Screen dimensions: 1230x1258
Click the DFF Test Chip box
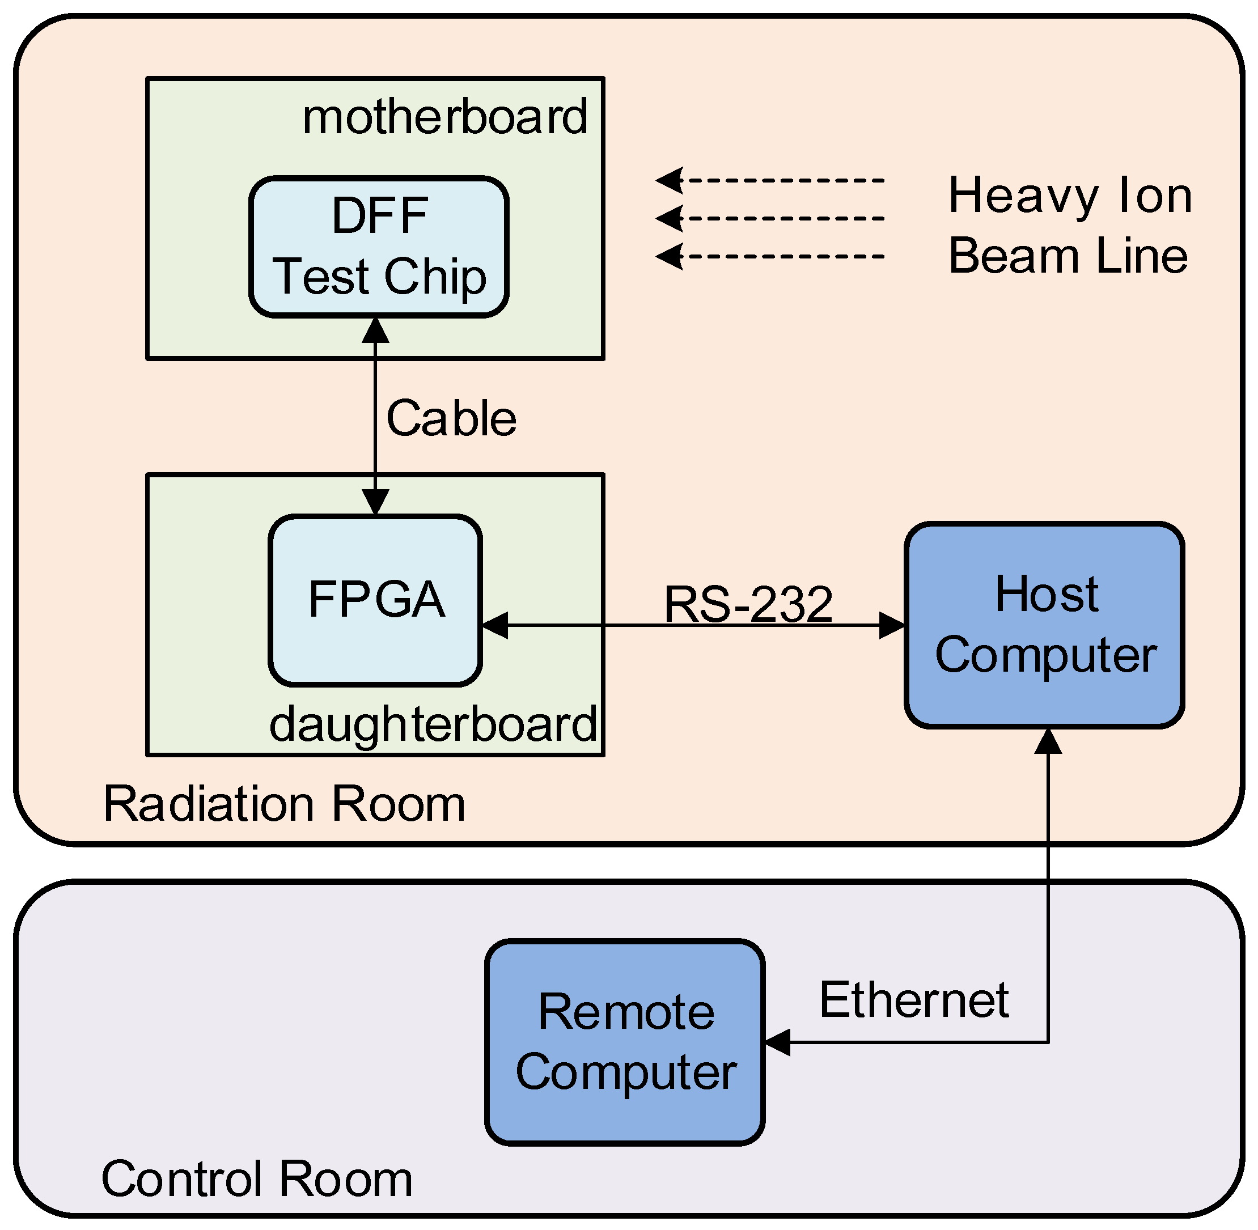379,247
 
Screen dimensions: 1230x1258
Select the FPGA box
375,601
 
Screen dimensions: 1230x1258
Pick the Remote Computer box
625,1042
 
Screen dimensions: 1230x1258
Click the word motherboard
445,117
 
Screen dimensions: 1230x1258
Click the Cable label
451,419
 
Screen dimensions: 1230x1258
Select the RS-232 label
748,605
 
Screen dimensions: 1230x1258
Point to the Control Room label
256,1178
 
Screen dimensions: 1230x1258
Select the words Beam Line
1068,256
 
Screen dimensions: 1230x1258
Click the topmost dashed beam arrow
769,180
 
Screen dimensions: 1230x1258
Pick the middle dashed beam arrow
769,218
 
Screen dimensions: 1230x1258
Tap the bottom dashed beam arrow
769,256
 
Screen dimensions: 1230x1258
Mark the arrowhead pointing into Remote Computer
777,1042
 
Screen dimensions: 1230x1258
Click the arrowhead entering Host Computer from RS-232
892,625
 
